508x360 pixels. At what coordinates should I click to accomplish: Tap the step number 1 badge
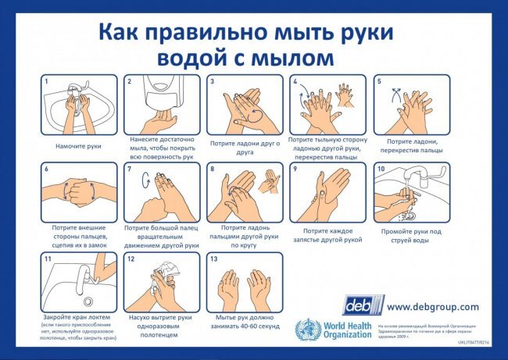(x=47, y=81)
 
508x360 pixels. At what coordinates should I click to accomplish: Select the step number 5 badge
(x=379, y=81)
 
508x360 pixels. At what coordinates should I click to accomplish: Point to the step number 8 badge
(x=213, y=169)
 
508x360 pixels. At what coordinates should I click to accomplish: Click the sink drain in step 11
(x=87, y=301)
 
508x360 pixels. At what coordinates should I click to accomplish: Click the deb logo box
(x=363, y=305)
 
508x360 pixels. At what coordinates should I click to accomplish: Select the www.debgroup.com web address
(x=433, y=307)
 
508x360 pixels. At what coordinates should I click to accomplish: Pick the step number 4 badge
(x=295, y=81)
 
